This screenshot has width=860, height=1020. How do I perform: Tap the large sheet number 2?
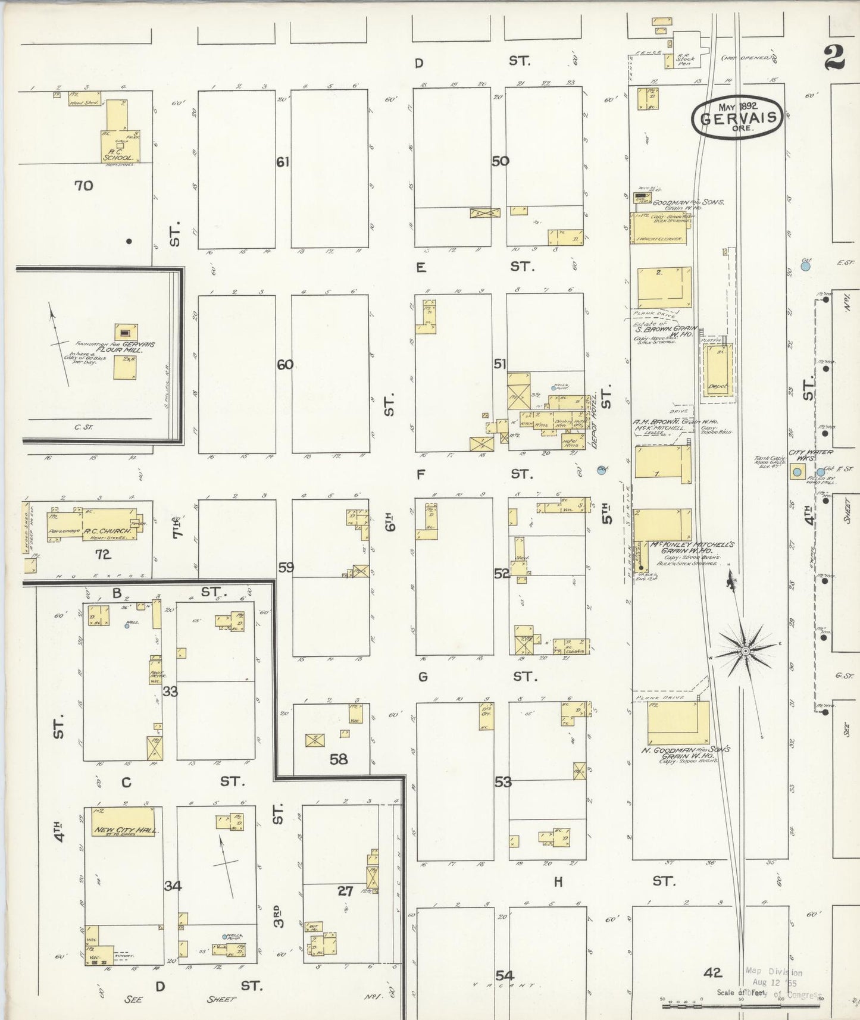834,58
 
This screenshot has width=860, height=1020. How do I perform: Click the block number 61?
283,161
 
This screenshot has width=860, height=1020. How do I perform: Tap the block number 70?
84,186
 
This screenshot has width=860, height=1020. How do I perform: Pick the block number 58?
339,759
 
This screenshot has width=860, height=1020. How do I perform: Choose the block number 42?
712,972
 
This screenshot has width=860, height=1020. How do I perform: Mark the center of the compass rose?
744,652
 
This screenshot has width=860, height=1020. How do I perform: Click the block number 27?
345,891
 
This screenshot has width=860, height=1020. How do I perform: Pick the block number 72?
103,555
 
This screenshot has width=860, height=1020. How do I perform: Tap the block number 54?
504,975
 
